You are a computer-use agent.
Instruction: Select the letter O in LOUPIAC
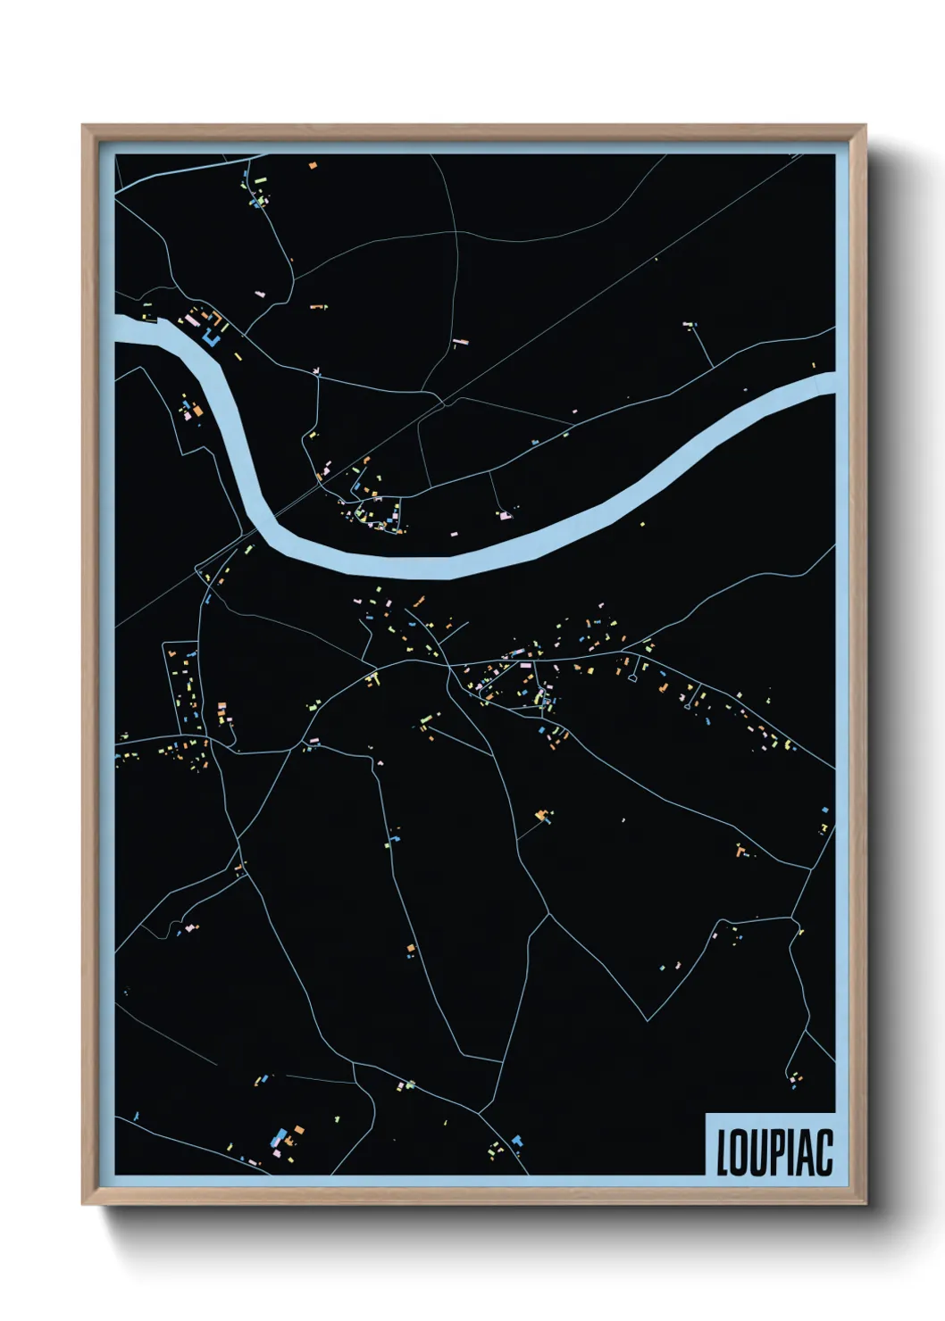741,1152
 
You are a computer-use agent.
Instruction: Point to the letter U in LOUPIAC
760,1152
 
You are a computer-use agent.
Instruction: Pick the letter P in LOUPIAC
779,1152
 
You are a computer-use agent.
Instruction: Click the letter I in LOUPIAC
792,1152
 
